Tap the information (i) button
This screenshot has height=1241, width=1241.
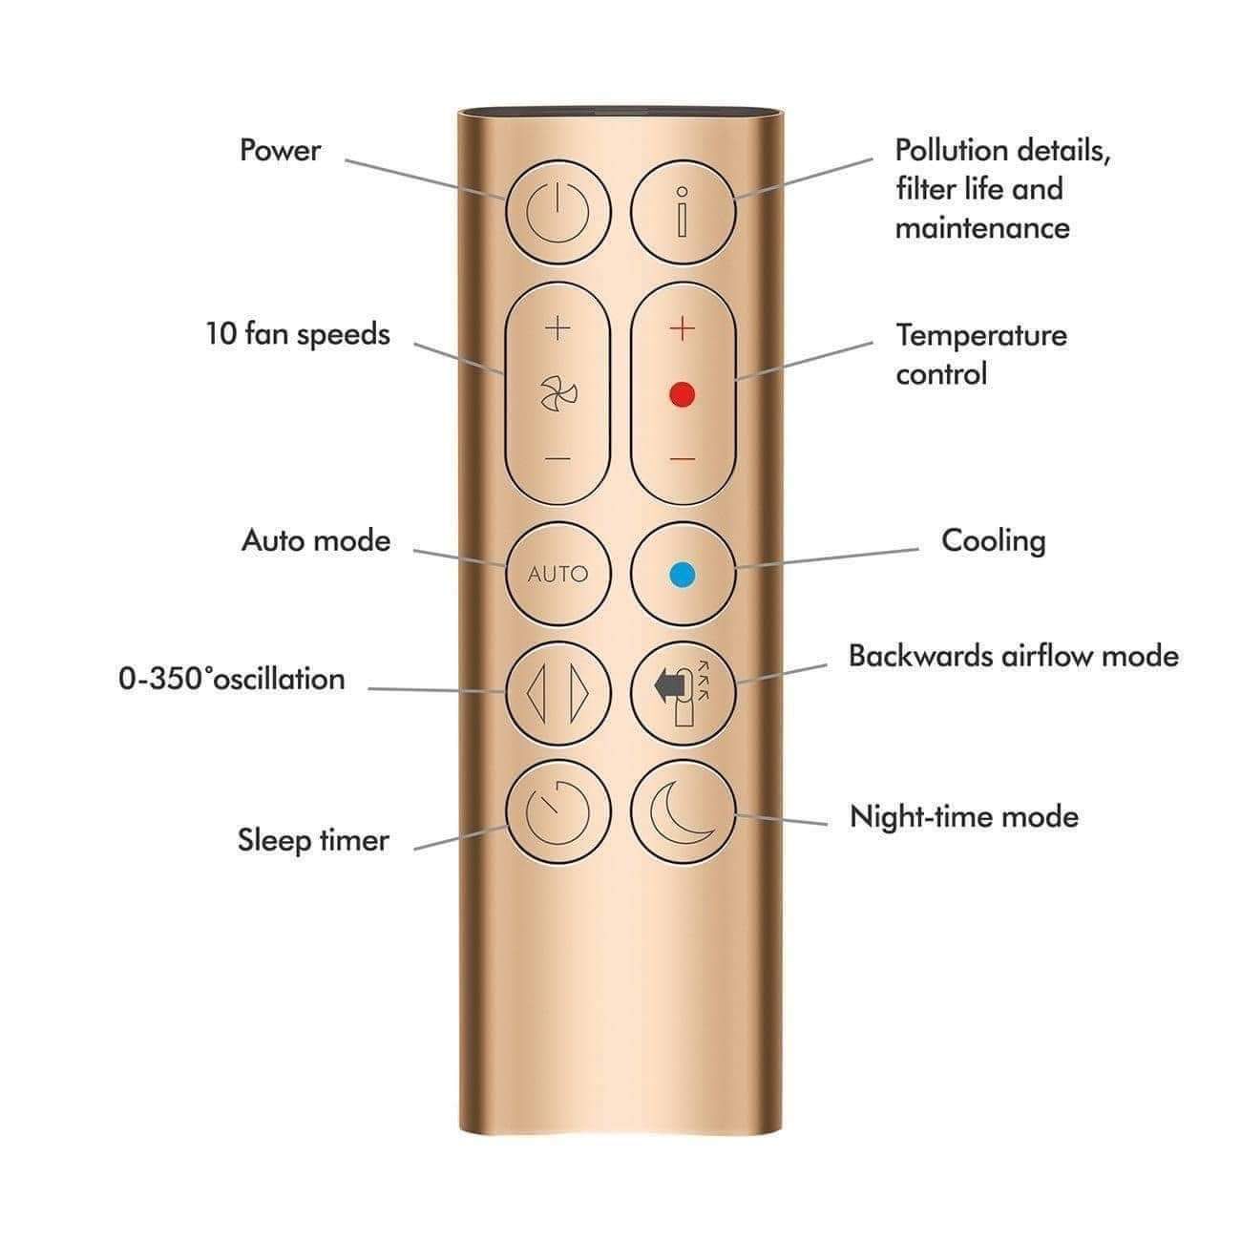tap(683, 212)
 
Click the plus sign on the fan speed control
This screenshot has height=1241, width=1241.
tap(557, 329)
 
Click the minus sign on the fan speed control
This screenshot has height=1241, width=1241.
tap(557, 459)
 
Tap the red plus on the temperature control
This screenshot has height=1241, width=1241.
tap(683, 329)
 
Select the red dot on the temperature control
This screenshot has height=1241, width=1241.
tap(682, 394)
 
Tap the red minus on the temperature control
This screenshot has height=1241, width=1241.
tap(683, 459)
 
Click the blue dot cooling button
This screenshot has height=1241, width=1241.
tap(683, 574)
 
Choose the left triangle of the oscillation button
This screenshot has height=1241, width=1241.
tap(536, 692)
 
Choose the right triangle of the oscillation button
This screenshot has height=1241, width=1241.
tap(578, 692)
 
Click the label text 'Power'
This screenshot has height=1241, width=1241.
tap(280, 150)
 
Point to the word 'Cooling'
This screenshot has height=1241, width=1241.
tap(993, 541)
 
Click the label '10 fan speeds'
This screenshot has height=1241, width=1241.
tap(298, 334)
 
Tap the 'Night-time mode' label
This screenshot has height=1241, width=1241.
tap(964, 816)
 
